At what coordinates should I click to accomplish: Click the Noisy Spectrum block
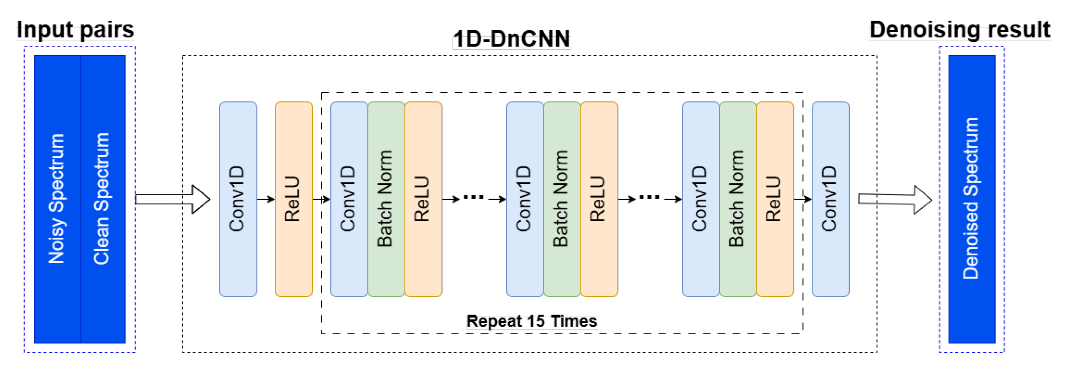click(57, 199)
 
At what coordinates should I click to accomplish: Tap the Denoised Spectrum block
click(971, 199)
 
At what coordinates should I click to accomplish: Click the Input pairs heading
click(76, 30)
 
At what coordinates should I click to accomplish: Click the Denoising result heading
click(959, 30)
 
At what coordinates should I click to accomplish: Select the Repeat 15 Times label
click(532, 321)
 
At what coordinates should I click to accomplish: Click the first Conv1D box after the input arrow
click(238, 199)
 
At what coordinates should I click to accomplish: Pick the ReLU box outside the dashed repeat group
click(293, 199)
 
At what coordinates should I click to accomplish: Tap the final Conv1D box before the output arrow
click(830, 199)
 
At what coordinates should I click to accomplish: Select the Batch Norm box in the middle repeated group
click(562, 199)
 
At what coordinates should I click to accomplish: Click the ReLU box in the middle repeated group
click(599, 199)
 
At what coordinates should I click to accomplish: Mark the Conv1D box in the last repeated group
click(701, 199)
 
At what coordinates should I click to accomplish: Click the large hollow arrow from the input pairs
click(173, 199)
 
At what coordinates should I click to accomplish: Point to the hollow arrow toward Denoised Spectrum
click(895, 199)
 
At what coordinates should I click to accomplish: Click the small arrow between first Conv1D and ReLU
click(266, 199)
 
